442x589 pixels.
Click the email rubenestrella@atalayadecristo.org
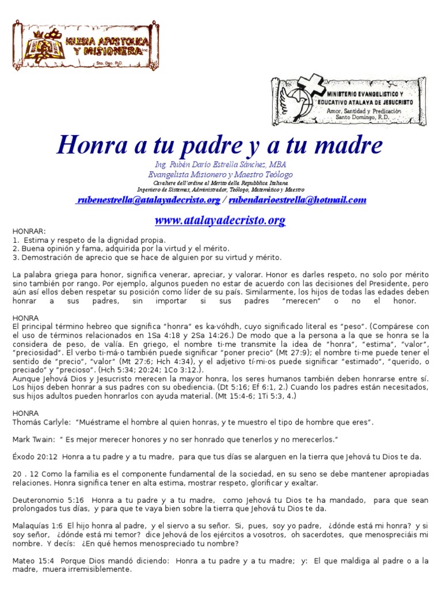pos(148,200)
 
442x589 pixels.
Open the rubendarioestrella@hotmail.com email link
pos(298,200)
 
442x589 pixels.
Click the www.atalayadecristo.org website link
pos(220,220)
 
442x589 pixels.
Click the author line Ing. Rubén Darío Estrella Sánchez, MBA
pos(221,164)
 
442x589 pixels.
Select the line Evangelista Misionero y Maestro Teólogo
pos(220,174)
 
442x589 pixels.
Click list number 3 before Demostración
pos(15,257)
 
